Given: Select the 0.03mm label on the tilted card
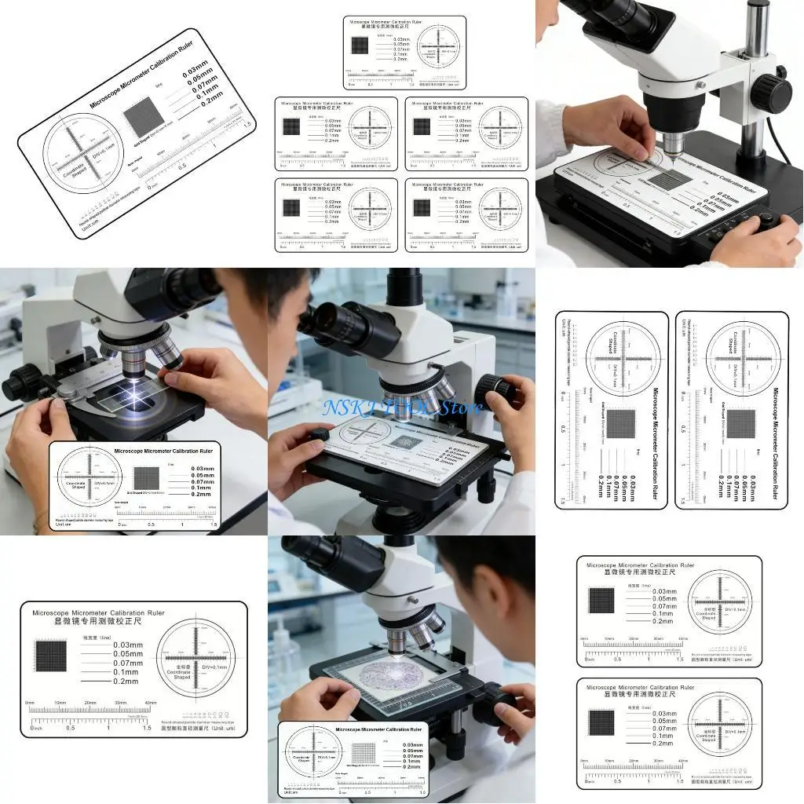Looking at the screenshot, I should click(x=196, y=75).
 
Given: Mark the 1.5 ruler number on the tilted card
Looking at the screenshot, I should click(x=247, y=125).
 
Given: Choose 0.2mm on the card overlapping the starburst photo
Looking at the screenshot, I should click(x=200, y=494).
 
